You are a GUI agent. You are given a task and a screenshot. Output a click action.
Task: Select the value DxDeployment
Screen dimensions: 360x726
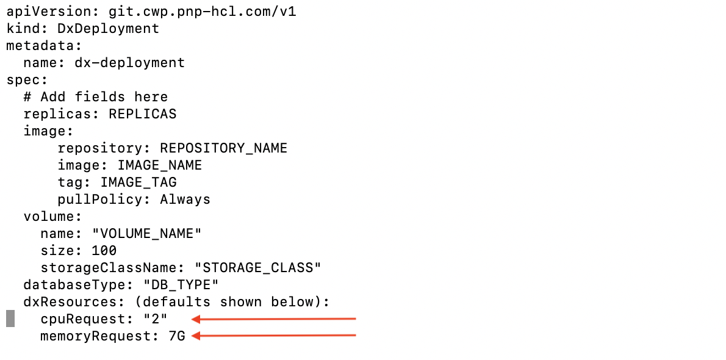109,29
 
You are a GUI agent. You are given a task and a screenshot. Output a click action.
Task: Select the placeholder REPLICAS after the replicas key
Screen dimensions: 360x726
143,114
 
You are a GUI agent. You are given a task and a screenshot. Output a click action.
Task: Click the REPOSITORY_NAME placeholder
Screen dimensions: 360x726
223,148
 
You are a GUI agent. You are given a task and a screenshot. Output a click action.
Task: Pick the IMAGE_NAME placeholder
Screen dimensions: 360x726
159,165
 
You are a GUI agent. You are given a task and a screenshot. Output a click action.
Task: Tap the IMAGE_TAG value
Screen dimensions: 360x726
138,182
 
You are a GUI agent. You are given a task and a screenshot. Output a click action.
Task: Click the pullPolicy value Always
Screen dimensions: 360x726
185,200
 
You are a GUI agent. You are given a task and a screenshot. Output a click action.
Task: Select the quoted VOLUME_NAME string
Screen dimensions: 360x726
146,234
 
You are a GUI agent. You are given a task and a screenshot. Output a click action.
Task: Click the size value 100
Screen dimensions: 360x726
104,251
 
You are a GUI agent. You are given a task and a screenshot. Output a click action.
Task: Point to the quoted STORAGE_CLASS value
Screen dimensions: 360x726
257,268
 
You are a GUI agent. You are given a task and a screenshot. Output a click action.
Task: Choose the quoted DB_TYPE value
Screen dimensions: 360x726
181,285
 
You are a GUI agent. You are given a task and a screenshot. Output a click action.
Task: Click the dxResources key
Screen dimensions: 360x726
66,302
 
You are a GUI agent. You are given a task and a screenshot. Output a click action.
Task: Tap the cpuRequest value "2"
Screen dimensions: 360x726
155,319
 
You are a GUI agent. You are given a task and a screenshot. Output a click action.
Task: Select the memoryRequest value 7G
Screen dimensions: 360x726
176,336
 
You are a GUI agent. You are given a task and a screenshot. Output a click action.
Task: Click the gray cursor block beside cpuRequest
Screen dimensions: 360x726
10,319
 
